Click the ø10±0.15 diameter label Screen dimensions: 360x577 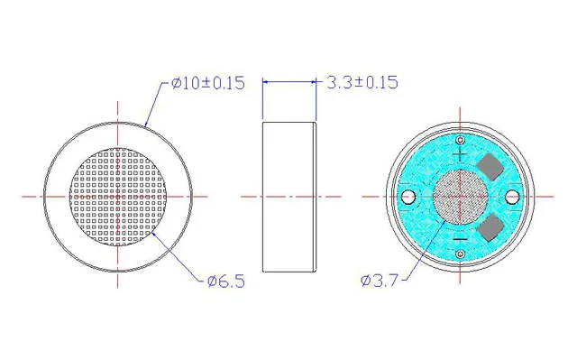pos(206,83)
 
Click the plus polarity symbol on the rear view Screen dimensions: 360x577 pos(460,154)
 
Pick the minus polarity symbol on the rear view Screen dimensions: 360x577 pos(460,238)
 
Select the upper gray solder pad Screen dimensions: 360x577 pos(492,166)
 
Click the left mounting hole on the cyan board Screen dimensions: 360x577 pos(408,196)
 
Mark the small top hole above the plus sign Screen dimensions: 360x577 pos(460,139)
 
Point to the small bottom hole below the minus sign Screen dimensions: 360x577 pos(460,254)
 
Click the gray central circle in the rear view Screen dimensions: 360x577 pos(460,196)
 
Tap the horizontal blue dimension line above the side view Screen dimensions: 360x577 pos(289,82)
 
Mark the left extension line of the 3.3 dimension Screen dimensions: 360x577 pos(262,99)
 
